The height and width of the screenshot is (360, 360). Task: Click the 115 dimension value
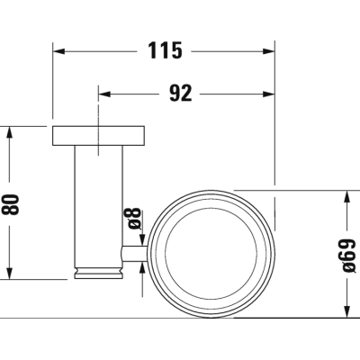pyautogui.click(x=166, y=50)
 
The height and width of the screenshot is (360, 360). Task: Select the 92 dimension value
pyautogui.click(x=180, y=94)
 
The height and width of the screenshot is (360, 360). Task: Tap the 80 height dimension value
pyautogui.click(x=11, y=204)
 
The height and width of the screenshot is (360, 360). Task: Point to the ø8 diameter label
pyautogui.click(x=132, y=218)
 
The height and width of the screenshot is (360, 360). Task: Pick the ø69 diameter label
pyautogui.click(x=349, y=255)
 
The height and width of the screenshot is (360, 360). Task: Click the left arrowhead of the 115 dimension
pyautogui.click(x=58, y=51)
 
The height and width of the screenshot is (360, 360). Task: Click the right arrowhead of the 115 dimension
pyautogui.click(x=268, y=51)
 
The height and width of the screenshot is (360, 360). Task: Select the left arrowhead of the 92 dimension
pyautogui.click(x=104, y=94)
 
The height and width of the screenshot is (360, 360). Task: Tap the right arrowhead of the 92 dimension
pyautogui.click(x=268, y=94)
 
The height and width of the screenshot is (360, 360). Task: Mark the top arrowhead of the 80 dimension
pyautogui.click(x=10, y=132)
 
